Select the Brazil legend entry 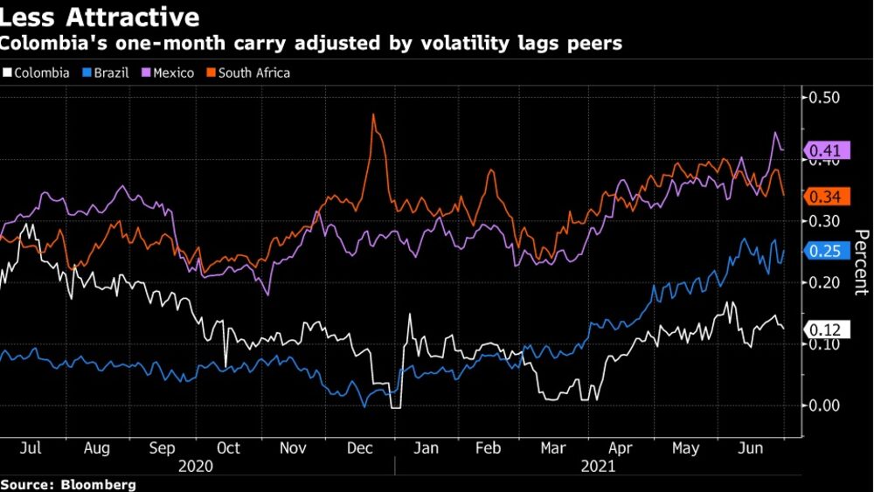click(x=110, y=73)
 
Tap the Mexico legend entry click(x=173, y=73)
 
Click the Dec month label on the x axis click(x=359, y=448)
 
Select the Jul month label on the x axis click(x=31, y=448)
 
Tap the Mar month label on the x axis click(x=553, y=448)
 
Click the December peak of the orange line click(x=373, y=114)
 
